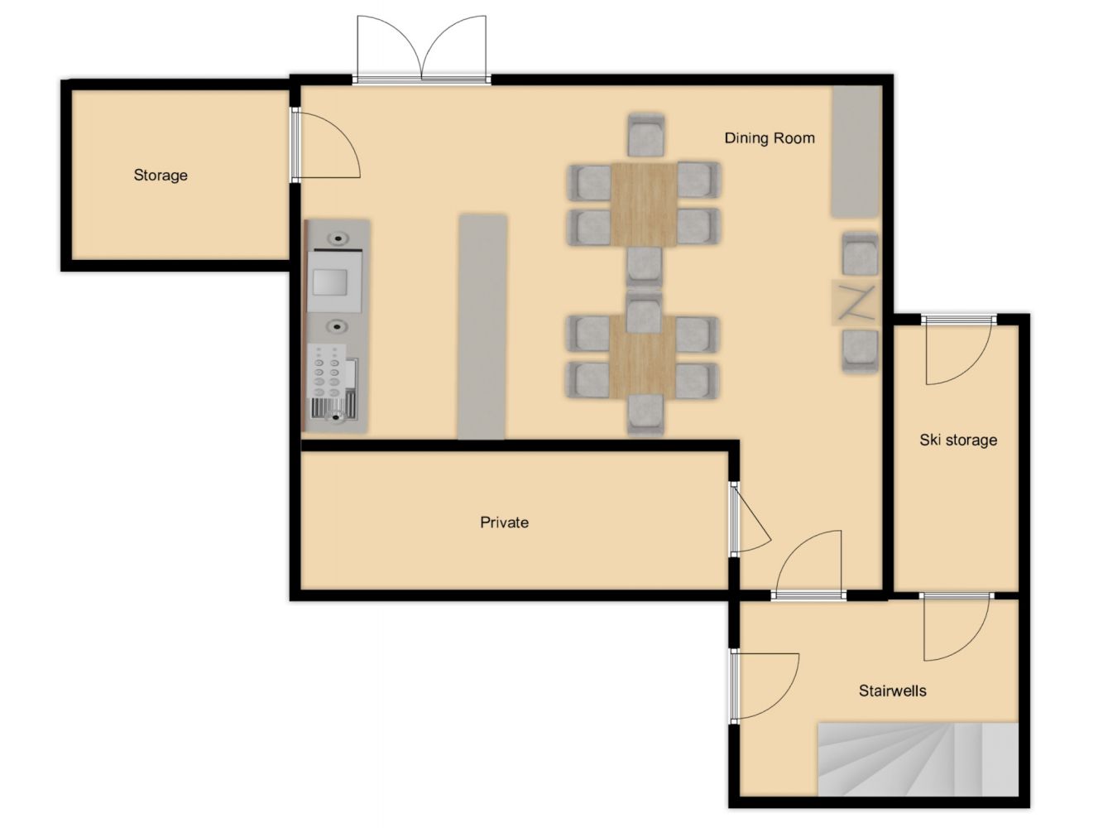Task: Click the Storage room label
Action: [x=161, y=175]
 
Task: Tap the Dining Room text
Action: [x=770, y=138]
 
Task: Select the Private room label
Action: [x=504, y=522]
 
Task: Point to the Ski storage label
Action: [x=957, y=440]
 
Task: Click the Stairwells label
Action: [x=893, y=691]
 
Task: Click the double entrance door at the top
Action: [x=421, y=50]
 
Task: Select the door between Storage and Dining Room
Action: [x=326, y=146]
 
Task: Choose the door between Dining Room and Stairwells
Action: [x=808, y=566]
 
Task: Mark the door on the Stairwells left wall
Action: [x=764, y=686]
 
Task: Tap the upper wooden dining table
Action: [x=643, y=205]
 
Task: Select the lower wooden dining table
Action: [x=643, y=358]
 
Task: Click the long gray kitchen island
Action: [x=482, y=327]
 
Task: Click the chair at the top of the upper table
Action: [x=646, y=135]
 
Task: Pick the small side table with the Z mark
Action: [x=856, y=302]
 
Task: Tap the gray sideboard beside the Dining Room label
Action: [x=856, y=152]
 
